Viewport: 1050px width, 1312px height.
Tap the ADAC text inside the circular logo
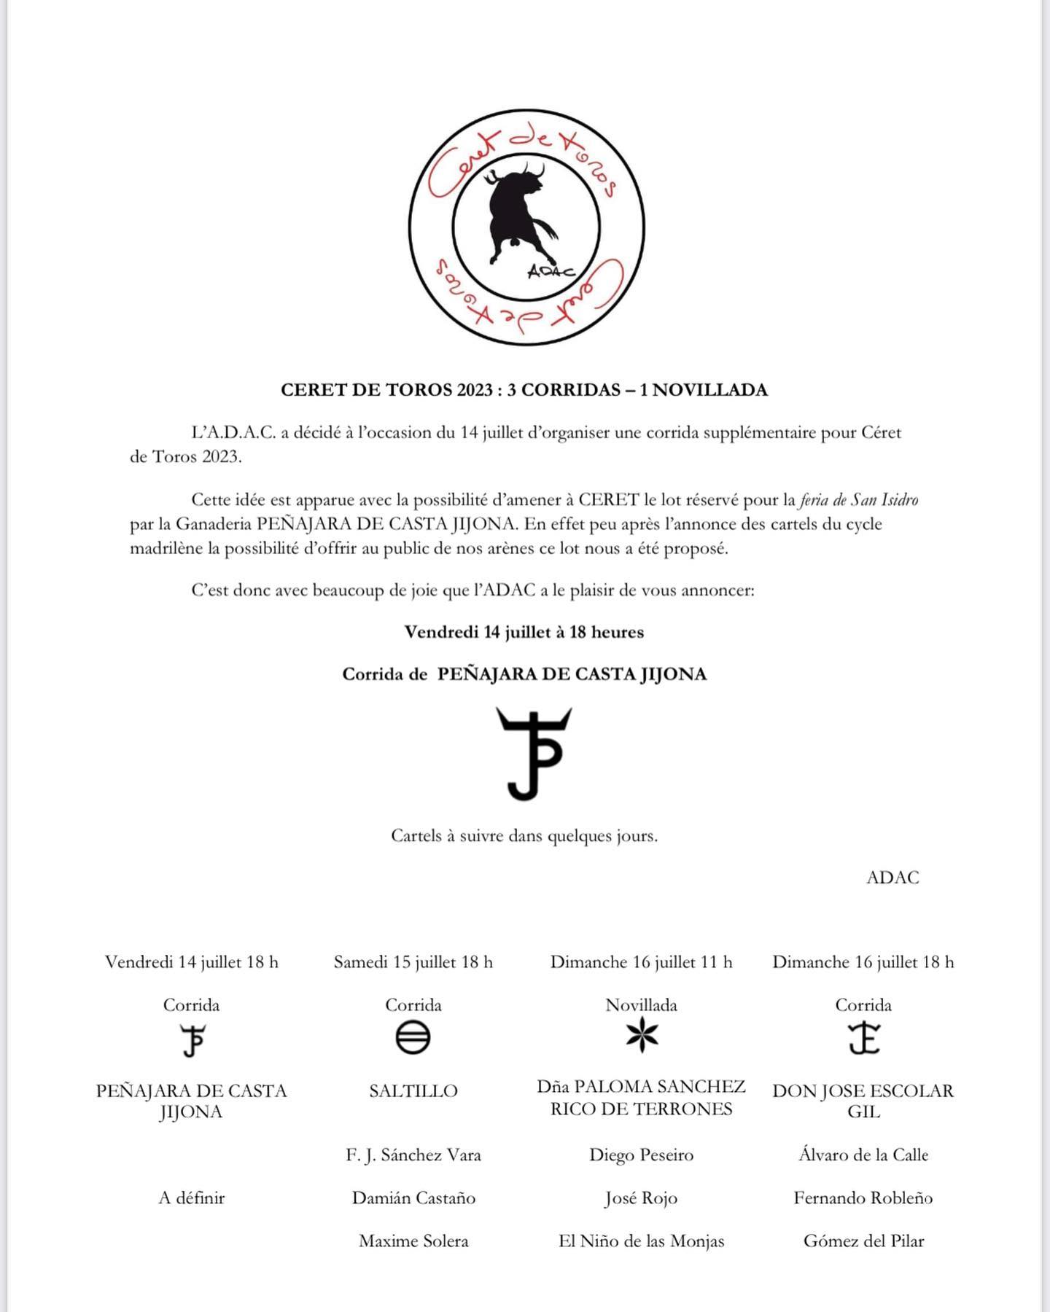(551, 270)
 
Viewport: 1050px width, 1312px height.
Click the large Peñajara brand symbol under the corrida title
(534, 754)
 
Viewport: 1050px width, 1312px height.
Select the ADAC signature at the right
(892, 878)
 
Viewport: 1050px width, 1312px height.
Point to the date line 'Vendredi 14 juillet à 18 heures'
(524, 632)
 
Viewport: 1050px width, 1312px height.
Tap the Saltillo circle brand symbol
(413, 1038)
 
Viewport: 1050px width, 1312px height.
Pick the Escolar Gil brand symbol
(864, 1039)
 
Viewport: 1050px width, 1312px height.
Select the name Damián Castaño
(413, 1198)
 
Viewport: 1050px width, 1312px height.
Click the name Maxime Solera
(413, 1241)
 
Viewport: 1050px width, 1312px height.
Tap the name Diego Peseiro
(641, 1155)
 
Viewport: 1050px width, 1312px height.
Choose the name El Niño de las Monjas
(641, 1241)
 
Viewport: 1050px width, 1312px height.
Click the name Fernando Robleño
(863, 1198)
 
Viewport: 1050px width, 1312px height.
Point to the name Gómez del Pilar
(863, 1241)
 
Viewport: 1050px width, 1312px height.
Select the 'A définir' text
(191, 1198)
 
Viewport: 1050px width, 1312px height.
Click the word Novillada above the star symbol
(641, 1005)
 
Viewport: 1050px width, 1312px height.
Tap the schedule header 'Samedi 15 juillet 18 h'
(413, 962)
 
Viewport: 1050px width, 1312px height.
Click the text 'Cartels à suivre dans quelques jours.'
(524, 835)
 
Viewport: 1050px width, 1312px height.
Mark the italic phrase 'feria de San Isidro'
(859, 500)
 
